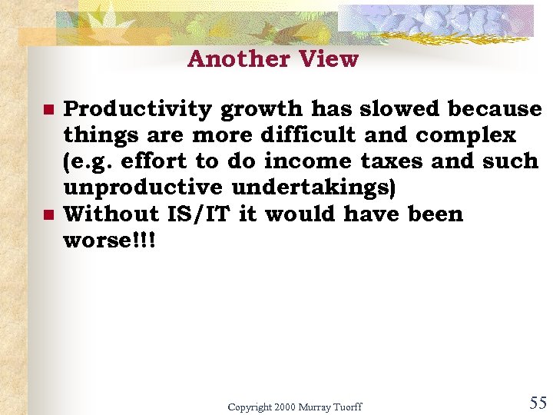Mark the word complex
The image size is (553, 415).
coord(465,136)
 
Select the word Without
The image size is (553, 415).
coord(110,214)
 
